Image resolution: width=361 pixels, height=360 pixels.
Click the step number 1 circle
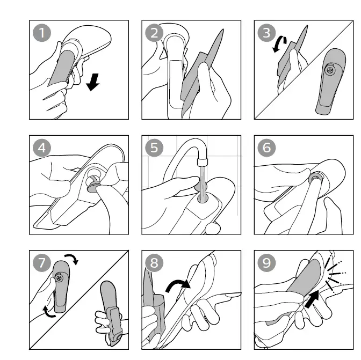[x=42, y=33]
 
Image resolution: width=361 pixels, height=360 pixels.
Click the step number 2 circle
[x=154, y=33]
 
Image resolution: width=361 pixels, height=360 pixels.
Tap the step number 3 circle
[x=266, y=33]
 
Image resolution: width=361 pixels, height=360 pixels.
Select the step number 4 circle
[x=42, y=148]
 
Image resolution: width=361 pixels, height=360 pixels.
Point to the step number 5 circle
[x=154, y=148]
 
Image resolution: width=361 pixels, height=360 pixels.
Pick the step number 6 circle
[x=266, y=148]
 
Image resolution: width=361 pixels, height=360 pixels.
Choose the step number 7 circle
[x=42, y=262]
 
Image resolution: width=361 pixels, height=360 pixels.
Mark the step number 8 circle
[x=154, y=262]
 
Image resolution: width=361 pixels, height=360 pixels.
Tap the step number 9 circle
[x=266, y=262]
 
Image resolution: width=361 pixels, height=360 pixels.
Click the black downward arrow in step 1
[x=93, y=82]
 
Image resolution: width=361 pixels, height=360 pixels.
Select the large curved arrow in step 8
[x=179, y=286]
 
